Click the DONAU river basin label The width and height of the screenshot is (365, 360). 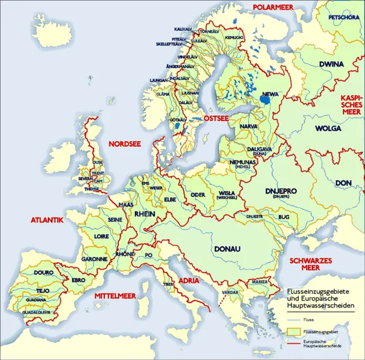coord(227,249)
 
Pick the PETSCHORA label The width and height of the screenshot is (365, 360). coord(344,17)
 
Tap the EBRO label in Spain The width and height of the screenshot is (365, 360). coord(78,280)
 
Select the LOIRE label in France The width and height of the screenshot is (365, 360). coord(102,236)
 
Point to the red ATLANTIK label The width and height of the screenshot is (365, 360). coord(47,219)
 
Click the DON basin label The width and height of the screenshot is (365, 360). coord(344,183)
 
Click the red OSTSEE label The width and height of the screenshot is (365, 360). coord(217,118)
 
